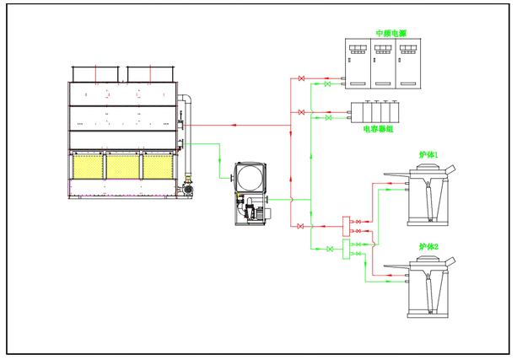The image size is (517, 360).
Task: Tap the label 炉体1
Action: pyautogui.click(x=429, y=156)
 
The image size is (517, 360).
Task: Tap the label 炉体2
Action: pyautogui.click(x=429, y=246)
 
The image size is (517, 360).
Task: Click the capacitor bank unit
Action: pyautogui.click(x=376, y=113)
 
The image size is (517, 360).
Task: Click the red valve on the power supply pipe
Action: pyautogui.click(x=302, y=79)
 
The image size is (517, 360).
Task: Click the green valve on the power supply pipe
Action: pyautogui.click(x=328, y=84)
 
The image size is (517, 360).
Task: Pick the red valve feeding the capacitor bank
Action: pyautogui.click(x=302, y=111)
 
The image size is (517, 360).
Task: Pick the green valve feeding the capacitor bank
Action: pyautogui.click(x=328, y=119)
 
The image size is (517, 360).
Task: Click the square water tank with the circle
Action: pyautogui.click(x=250, y=176)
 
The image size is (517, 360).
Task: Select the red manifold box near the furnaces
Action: pyautogui.click(x=346, y=225)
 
